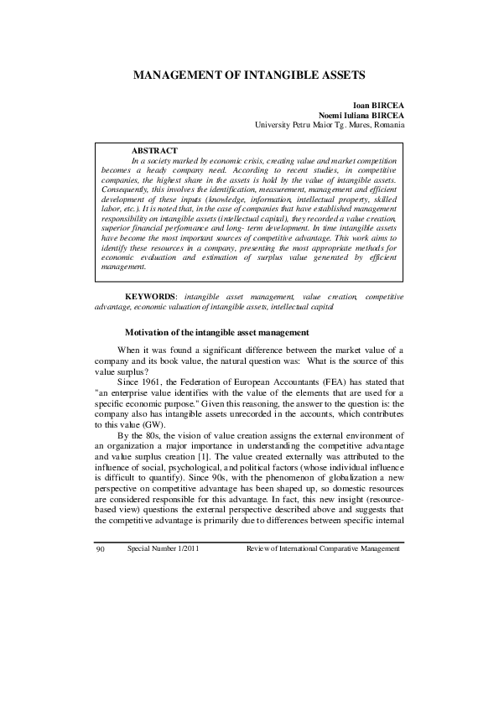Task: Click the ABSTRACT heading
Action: coord(154,149)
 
